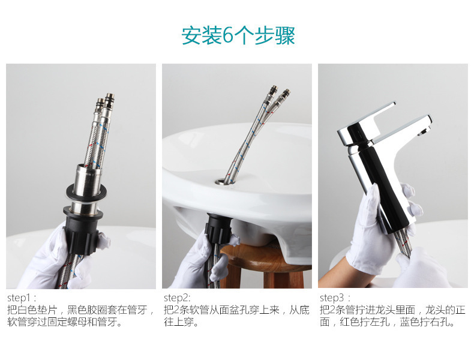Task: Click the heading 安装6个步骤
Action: (238, 35)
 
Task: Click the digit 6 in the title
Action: (228, 36)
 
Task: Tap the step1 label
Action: (22, 298)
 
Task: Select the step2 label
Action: (177, 298)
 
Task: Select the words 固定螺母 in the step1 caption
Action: (74, 323)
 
